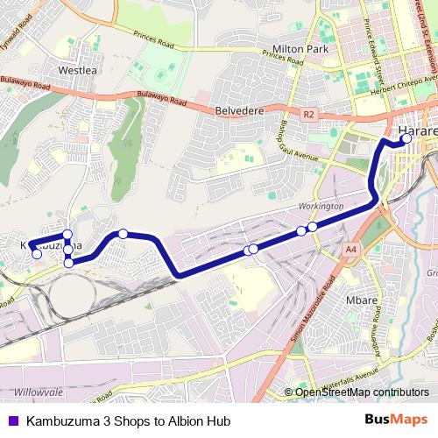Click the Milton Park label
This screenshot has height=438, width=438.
[x=300, y=50]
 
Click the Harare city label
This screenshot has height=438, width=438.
[x=417, y=132]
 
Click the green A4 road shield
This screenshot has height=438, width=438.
[x=350, y=251]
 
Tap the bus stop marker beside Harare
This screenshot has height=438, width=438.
[x=406, y=138]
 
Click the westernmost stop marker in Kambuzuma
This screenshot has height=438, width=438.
[x=37, y=254]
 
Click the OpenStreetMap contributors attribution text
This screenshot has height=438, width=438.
[x=361, y=392]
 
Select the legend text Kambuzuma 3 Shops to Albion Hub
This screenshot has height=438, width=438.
[x=128, y=420]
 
